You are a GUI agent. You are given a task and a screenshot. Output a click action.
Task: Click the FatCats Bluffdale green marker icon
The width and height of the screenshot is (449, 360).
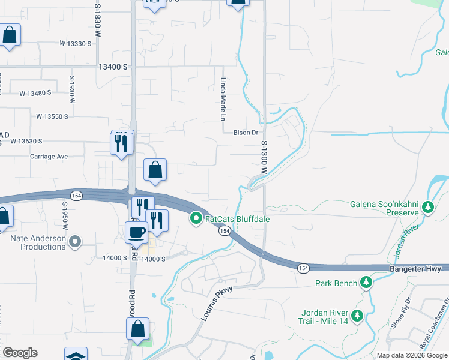click(196, 219)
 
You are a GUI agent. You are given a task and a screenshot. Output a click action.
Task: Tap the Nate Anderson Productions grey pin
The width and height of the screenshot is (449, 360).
click(74, 242)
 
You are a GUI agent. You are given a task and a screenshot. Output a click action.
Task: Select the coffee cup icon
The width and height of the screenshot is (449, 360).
click(136, 232)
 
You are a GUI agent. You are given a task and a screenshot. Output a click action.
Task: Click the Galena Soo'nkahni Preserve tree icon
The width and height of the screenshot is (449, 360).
click(427, 208)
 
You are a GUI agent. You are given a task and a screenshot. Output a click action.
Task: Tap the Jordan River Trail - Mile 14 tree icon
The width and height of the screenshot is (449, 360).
click(357, 315)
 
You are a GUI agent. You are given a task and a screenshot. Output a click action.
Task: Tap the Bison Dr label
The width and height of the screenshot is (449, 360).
click(246, 133)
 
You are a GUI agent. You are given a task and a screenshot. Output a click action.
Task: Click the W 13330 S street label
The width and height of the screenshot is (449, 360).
click(75, 43)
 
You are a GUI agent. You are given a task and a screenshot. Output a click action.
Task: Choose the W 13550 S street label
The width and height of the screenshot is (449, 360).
click(52, 116)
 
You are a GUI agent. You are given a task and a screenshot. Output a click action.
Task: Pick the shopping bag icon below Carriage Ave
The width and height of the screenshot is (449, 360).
click(155, 170)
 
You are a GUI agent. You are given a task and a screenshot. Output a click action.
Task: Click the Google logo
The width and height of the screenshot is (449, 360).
click(20, 353)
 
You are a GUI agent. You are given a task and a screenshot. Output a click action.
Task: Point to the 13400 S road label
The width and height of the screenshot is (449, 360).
click(113, 67)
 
